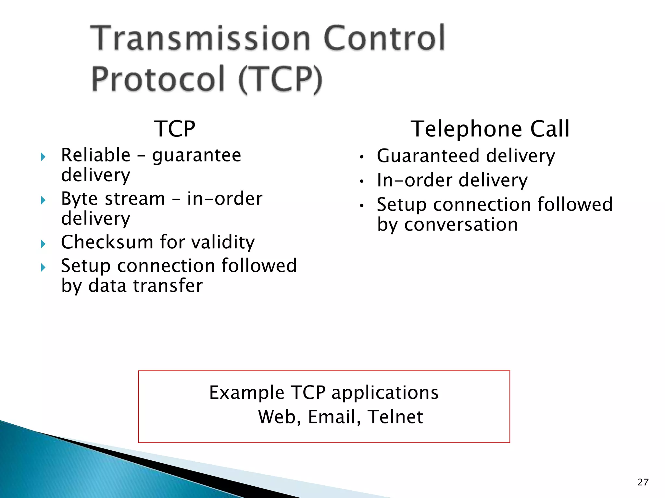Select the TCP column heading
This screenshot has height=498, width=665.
coord(175,129)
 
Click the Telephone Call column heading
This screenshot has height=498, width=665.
coord(490,129)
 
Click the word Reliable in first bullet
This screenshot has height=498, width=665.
coord(96,155)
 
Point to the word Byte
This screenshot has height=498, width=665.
coord(79,198)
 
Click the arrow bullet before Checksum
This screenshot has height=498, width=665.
coord(43,243)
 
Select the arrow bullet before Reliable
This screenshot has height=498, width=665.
coord(43,157)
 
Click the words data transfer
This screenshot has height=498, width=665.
coord(145,286)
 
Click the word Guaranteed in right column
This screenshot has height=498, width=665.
coord(428,156)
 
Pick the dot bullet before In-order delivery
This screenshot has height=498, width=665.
coord(362,182)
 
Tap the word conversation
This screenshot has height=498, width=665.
coord(461,224)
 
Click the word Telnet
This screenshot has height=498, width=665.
coord(395,417)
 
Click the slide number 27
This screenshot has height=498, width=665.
coord(643,482)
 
